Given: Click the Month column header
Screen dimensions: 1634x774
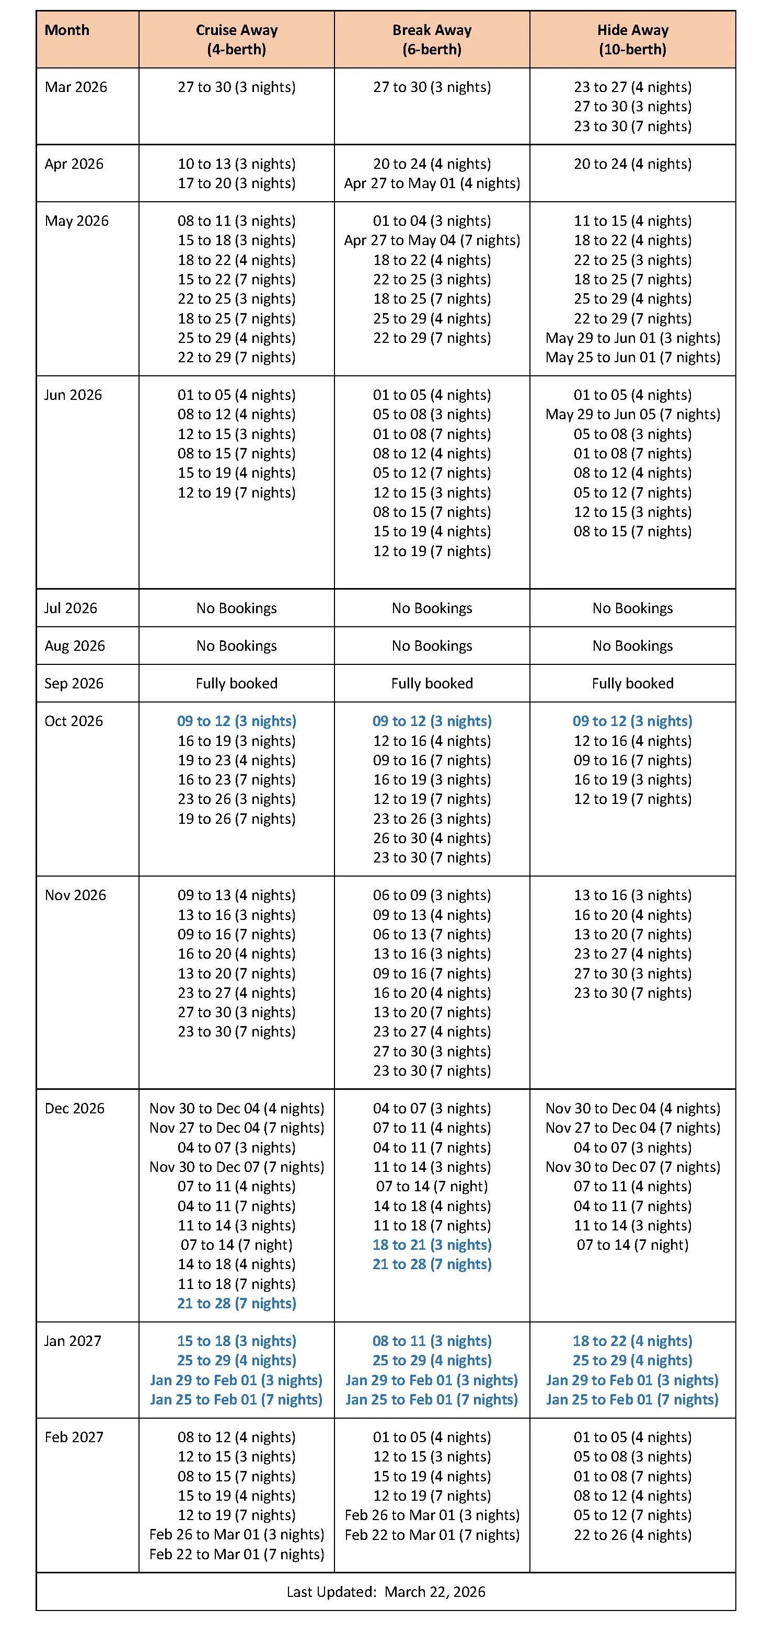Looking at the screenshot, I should [x=66, y=30].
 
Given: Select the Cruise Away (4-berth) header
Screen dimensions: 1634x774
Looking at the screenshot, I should [x=236, y=39].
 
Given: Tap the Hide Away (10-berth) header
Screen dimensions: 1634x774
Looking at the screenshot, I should [x=632, y=39].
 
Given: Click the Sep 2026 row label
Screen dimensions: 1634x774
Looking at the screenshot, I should [x=74, y=683].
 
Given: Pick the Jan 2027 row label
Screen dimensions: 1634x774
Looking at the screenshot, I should [x=72, y=1340].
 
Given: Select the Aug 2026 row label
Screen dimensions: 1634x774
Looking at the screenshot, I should [x=74, y=646].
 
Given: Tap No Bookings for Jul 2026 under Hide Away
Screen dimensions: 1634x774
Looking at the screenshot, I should [x=632, y=608].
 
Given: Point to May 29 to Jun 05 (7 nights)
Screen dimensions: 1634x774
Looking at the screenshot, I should [x=632, y=414].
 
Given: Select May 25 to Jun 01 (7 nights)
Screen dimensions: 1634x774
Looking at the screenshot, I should [x=632, y=357].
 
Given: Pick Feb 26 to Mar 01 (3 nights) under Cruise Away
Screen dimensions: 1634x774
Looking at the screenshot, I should [x=236, y=1534].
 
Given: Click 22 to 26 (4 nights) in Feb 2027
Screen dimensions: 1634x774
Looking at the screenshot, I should [x=632, y=1534].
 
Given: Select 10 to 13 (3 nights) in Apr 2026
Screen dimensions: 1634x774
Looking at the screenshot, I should [x=236, y=164].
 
